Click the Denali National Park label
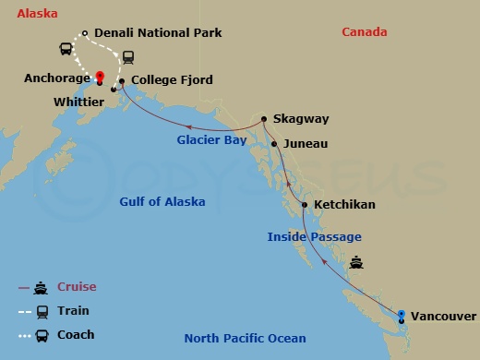[158, 33]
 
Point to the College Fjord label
[172, 80]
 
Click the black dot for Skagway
[264, 118]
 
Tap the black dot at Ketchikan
[305, 204]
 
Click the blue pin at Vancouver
[401, 316]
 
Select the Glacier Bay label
[212, 140]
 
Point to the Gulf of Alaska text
[162, 202]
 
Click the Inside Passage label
[314, 237]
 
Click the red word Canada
[364, 32]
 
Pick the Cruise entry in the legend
[77, 287]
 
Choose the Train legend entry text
[73, 311]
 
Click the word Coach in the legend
[76, 334]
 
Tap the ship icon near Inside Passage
[355, 262]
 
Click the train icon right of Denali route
[128, 56]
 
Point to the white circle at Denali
[84, 34]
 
